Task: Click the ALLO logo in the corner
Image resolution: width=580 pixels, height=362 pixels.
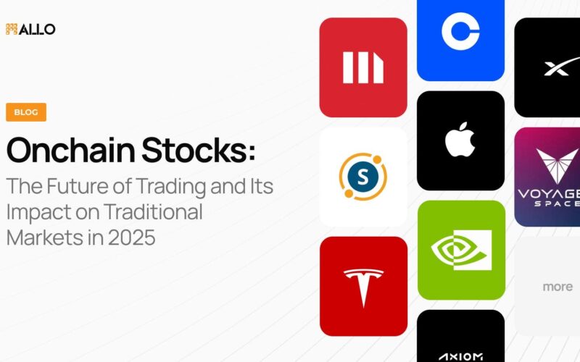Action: (30, 29)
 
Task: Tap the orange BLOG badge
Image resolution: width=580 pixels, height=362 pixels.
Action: (26, 112)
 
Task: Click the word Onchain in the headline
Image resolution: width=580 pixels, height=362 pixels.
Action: (70, 150)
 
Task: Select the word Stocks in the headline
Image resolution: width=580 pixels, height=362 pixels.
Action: (194, 150)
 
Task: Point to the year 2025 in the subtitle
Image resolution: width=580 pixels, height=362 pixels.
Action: (132, 237)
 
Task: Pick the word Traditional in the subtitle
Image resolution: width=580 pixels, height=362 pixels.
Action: (152, 211)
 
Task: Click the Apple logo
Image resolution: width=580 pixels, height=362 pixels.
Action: (460, 139)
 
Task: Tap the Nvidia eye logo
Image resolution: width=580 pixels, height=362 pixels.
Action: (461, 250)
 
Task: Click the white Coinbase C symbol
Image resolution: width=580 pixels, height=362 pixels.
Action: (460, 31)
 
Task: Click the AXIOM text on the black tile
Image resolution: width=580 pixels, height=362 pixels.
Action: (460, 357)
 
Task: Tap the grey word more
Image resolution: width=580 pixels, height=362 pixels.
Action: (558, 287)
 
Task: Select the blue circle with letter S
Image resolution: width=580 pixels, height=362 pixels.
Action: (363, 177)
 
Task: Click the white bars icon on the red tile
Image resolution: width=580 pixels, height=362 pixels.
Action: (363, 67)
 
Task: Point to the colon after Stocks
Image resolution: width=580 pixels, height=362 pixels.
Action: (252, 152)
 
